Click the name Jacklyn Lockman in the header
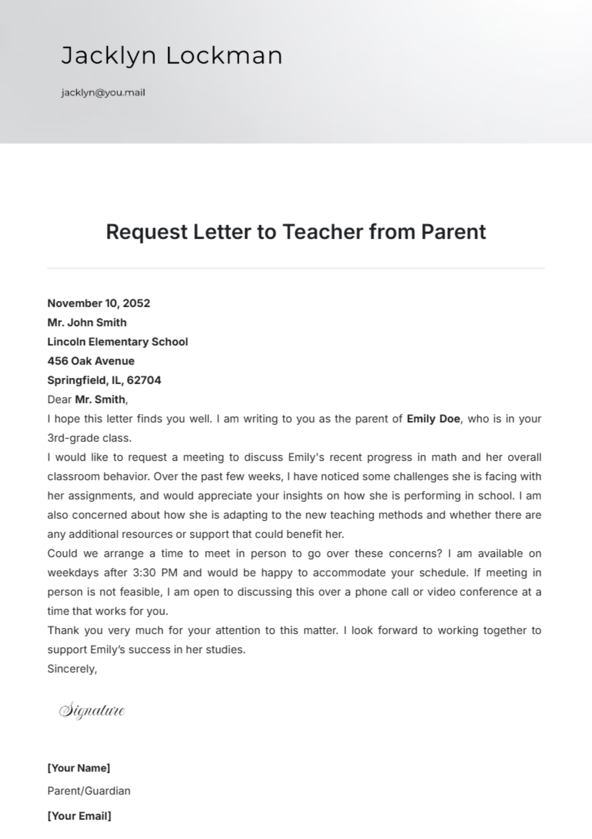click(x=172, y=55)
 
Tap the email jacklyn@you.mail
click(x=103, y=93)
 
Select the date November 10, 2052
click(x=99, y=303)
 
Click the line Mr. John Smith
click(x=87, y=323)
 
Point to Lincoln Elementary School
click(x=117, y=342)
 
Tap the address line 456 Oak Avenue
click(x=91, y=361)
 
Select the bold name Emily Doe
click(x=433, y=419)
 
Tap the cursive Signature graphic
click(x=92, y=711)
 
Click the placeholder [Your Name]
click(x=79, y=768)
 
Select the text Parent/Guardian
click(x=89, y=791)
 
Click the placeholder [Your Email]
click(x=79, y=816)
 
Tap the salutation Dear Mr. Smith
click(x=87, y=400)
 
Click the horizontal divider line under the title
click(x=296, y=268)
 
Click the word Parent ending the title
click(x=453, y=232)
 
